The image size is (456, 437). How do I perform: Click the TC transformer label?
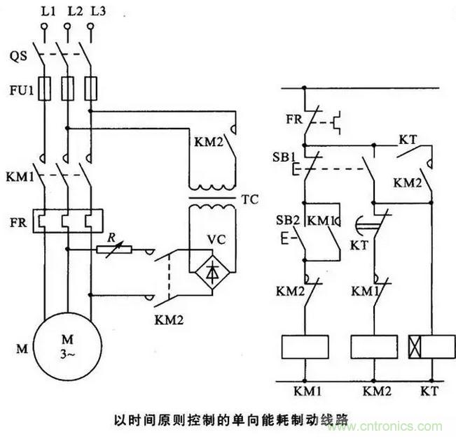coord(250,199)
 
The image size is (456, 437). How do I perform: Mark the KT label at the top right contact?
coord(408,140)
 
